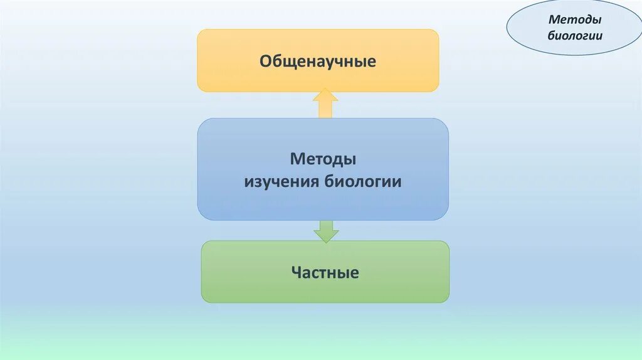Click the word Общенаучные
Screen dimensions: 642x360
[318, 61]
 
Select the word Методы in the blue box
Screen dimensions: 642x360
[324, 159]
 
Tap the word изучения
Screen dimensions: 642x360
[282, 182]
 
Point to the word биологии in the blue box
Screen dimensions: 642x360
[363, 182]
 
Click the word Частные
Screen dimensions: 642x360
[325, 273]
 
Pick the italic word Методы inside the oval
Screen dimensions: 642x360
[575, 21]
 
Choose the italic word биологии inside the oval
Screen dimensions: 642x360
[575, 35]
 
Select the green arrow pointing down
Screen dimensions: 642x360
[325, 231]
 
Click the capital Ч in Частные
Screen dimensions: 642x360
[296, 273]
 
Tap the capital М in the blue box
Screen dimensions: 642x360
[296, 159]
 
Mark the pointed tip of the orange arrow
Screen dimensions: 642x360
[325, 90]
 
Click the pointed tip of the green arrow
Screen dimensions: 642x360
[325, 241]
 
